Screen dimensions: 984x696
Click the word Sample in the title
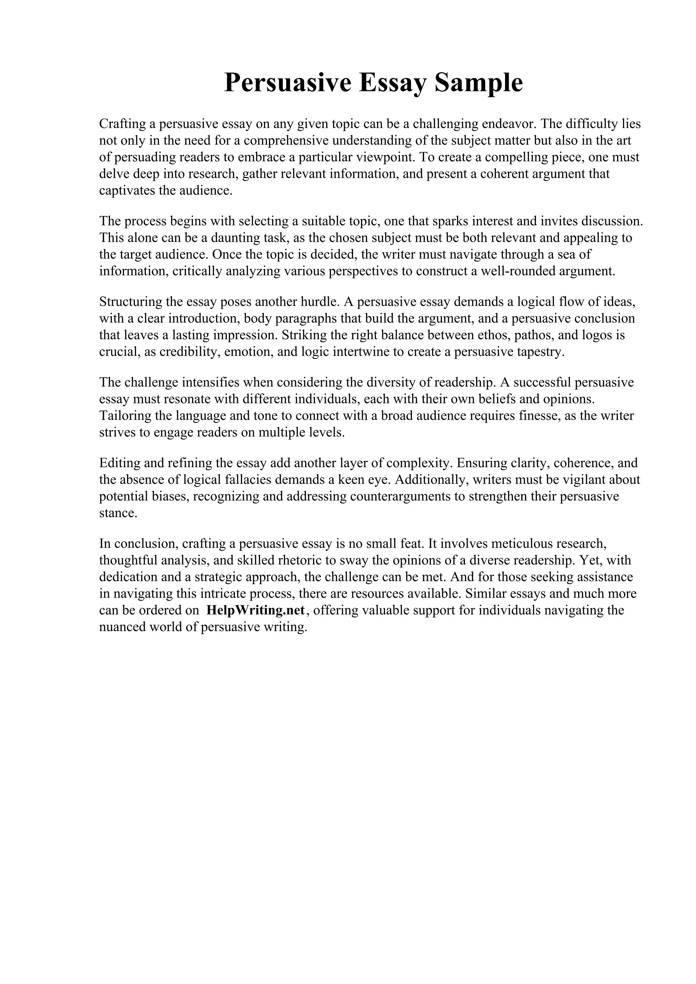point(478,83)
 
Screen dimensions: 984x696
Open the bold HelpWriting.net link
point(256,610)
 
